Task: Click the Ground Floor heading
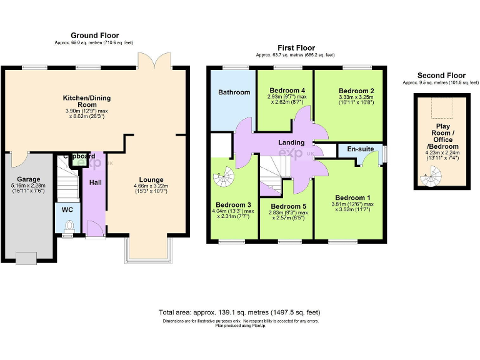tap(94, 36)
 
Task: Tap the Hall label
tap(95, 182)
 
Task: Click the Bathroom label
tap(234, 92)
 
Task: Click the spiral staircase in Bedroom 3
tap(222, 180)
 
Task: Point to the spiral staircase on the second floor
tap(429, 182)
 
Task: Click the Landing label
tap(291, 142)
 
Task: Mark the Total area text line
tap(240, 312)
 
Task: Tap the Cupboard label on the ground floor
tap(79, 156)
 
